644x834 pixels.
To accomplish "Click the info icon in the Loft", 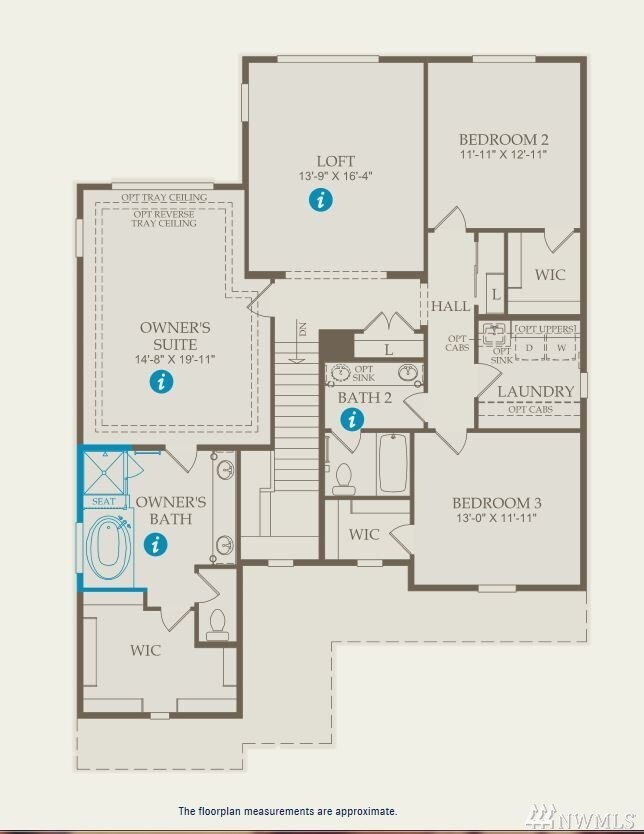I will pos(320,200).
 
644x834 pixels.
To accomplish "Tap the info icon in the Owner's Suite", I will pos(161,381).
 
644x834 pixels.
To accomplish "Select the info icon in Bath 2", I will pos(351,420).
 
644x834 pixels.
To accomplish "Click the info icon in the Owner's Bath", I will pos(155,544).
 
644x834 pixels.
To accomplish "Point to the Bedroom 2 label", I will pos(503,139).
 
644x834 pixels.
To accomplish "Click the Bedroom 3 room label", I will pos(497,502).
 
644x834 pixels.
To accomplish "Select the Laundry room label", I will pos(535,391).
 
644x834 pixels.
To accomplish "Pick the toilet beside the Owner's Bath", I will pos(217,625).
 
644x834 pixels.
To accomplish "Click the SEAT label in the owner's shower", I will pos(104,501).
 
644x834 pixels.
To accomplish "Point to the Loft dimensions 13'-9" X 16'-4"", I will pos(335,176).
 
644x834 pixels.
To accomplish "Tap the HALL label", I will pos(450,307).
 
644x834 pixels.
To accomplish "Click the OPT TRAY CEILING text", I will pos(164,198).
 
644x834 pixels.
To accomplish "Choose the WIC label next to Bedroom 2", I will pos(550,274).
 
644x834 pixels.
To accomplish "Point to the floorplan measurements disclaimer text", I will pos(287,811).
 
